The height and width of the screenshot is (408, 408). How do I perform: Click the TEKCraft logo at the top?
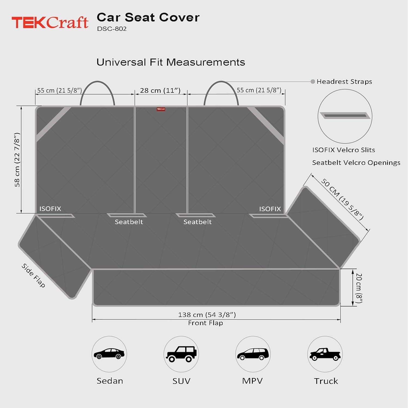[50, 22]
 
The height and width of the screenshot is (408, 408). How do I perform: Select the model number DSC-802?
[112, 29]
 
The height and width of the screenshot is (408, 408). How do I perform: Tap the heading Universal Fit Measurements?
[171, 62]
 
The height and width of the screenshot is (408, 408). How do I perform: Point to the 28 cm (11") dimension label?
[160, 90]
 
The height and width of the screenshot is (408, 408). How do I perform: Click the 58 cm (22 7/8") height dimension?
[17, 160]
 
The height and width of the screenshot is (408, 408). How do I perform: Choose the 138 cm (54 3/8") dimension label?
[207, 315]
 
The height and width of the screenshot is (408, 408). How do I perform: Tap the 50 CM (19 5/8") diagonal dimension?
[342, 199]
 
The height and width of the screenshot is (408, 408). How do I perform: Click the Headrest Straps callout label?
[344, 82]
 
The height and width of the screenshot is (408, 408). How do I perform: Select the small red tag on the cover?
[161, 109]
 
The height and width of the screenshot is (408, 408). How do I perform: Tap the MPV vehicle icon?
[253, 354]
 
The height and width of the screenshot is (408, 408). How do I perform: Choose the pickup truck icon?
[325, 354]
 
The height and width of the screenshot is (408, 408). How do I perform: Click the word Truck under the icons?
[326, 381]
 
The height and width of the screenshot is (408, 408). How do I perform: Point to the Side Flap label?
[33, 275]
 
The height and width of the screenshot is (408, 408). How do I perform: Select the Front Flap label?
[205, 323]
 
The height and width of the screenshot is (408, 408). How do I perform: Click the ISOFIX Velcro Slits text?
[344, 150]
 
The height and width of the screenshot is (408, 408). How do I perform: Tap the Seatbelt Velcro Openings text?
[356, 163]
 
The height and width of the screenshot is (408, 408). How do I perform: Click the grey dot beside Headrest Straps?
[313, 82]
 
